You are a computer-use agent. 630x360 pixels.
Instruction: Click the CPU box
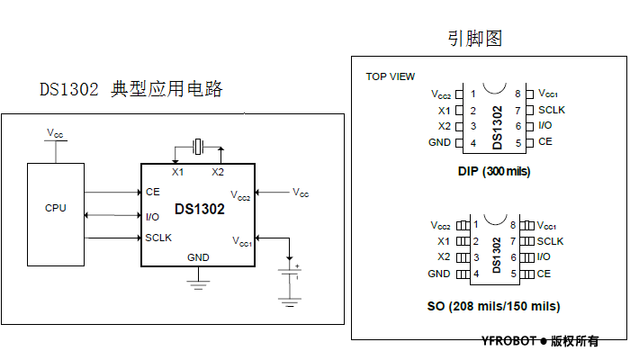tap(56, 214)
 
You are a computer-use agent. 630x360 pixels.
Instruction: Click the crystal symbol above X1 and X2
tap(198, 145)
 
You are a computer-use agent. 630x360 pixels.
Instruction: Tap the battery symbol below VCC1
tap(289, 271)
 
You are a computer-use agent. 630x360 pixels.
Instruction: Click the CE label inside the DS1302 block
tap(152, 192)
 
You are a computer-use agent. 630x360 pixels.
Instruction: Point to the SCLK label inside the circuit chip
tap(158, 238)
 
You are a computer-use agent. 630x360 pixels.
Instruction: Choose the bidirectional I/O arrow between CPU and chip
tap(112, 215)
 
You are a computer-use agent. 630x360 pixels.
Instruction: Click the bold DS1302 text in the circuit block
tap(200, 209)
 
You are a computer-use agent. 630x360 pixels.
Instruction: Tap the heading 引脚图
tap(474, 39)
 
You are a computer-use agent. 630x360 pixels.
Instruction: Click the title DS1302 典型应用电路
tap(130, 90)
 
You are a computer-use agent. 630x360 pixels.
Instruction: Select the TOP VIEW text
tap(391, 76)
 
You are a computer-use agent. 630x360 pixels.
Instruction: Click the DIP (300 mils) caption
tap(494, 171)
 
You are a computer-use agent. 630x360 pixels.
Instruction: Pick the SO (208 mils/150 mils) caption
tap(493, 306)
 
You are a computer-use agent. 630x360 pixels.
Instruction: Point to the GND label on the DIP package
tap(440, 143)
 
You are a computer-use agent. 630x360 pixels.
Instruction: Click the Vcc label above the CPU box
tap(55, 133)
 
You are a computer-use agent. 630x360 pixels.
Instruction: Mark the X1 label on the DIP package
tap(444, 111)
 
